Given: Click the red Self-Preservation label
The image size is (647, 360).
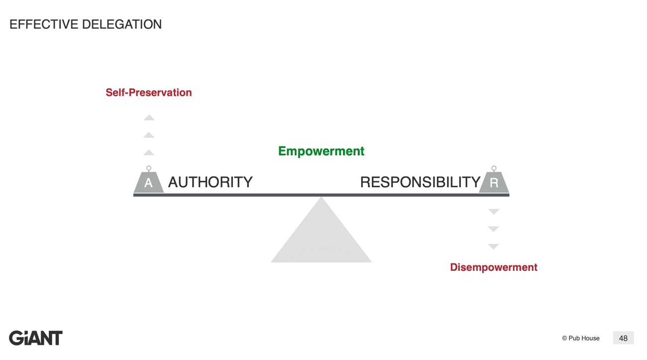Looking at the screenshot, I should [x=148, y=93].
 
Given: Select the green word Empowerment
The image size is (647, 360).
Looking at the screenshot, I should [x=321, y=151].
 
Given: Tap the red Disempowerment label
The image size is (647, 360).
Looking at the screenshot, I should [x=493, y=267].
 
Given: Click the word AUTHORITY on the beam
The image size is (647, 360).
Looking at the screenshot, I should [x=210, y=182].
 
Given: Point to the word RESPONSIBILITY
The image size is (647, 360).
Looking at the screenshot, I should [x=420, y=182].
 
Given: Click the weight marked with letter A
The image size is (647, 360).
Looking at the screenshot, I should [x=148, y=183].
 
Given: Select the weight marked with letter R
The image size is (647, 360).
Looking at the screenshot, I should [x=494, y=183].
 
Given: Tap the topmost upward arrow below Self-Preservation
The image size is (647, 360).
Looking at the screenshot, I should [x=149, y=118].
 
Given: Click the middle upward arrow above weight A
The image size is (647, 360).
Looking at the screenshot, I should [x=149, y=135].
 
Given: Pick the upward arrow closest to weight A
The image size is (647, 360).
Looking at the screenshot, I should [x=149, y=152].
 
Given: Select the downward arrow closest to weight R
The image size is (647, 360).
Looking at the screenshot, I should [x=494, y=212].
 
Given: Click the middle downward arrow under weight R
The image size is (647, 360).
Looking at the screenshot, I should [x=494, y=229].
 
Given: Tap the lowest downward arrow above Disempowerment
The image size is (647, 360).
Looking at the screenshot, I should [x=494, y=246].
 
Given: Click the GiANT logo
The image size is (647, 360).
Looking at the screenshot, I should [x=36, y=338].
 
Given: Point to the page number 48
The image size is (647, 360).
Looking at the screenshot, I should [x=623, y=338].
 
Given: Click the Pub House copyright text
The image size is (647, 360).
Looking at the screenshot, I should [x=581, y=338].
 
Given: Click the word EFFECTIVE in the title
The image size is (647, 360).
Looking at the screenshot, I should [x=43, y=24].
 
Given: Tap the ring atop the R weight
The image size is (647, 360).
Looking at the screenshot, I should [x=494, y=169].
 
